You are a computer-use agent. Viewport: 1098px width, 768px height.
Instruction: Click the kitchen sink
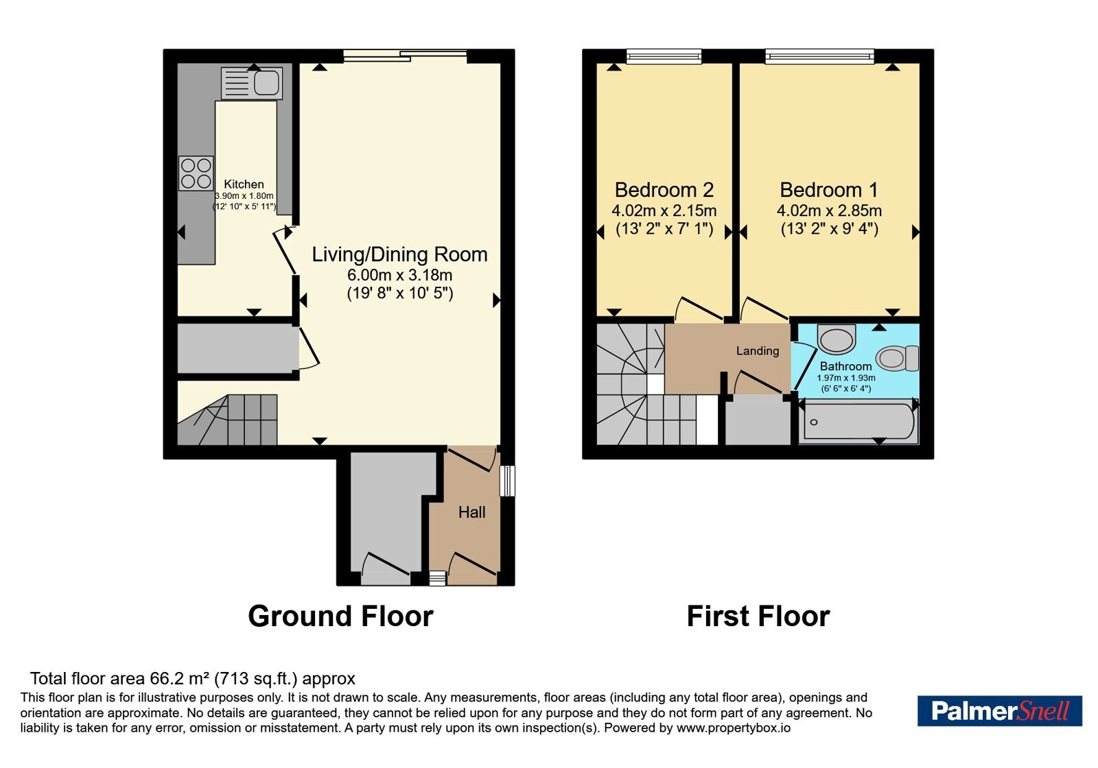point(251,83)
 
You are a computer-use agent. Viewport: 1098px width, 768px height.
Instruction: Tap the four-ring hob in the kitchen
point(196,173)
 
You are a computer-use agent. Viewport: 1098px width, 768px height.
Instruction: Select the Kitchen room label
point(244,184)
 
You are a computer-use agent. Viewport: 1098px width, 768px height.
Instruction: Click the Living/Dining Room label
point(399,254)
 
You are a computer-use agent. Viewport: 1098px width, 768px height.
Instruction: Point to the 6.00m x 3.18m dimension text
point(399,275)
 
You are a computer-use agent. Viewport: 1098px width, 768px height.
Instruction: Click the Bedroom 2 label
point(664,189)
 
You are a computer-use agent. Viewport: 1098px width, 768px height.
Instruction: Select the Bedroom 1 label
point(829,189)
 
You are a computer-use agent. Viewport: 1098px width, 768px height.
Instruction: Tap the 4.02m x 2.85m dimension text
point(829,211)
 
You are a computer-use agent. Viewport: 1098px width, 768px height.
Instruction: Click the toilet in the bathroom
point(898,358)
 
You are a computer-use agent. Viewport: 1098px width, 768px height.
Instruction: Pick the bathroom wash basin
point(837,339)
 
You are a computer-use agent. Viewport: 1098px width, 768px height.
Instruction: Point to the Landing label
point(758,350)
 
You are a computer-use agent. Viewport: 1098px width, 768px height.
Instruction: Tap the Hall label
point(471,512)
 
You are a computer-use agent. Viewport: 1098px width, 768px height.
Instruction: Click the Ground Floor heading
point(340,616)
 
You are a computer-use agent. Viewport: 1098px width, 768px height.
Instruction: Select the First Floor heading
point(758,616)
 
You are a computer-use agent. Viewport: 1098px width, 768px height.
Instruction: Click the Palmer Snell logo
point(999,710)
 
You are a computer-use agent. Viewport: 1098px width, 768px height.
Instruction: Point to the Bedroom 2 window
point(664,57)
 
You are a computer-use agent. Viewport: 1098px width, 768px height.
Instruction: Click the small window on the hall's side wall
point(508,481)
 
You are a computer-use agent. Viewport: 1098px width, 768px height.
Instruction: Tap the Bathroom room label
point(845,366)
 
